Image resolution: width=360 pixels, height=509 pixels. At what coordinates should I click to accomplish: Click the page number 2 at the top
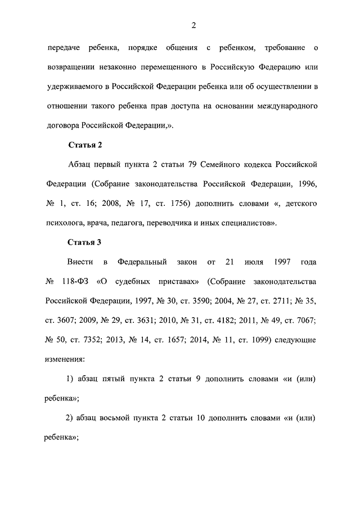pyautogui.click(x=193, y=25)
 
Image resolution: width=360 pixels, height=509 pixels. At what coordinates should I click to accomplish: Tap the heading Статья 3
pyautogui.click(x=84, y=242)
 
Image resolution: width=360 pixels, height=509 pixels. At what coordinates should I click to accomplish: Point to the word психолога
pyautogui.click(x=65, y=223)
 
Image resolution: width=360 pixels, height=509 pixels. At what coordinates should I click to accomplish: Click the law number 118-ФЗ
pyautogui.click(x=74, y=281)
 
